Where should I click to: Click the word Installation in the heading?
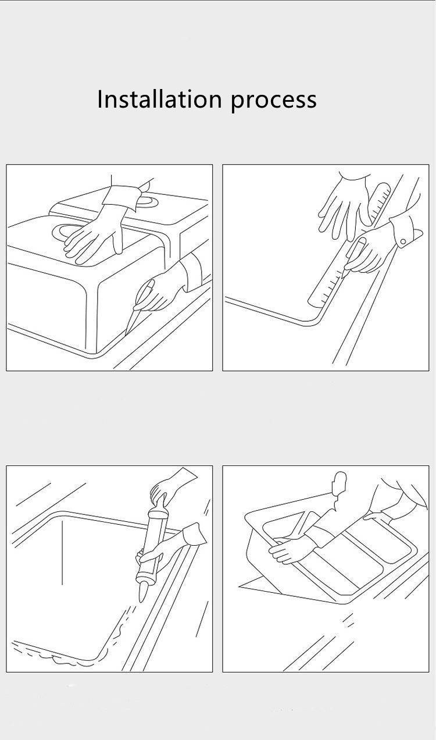pyautogui.click(x=159, y=99)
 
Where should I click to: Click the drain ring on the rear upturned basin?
pyautogui.click(x=146, y=201)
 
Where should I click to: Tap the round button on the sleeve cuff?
pyautogui.click(x=403, y=242)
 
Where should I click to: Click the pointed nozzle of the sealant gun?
pyautogui.click(x=142, y=593)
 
